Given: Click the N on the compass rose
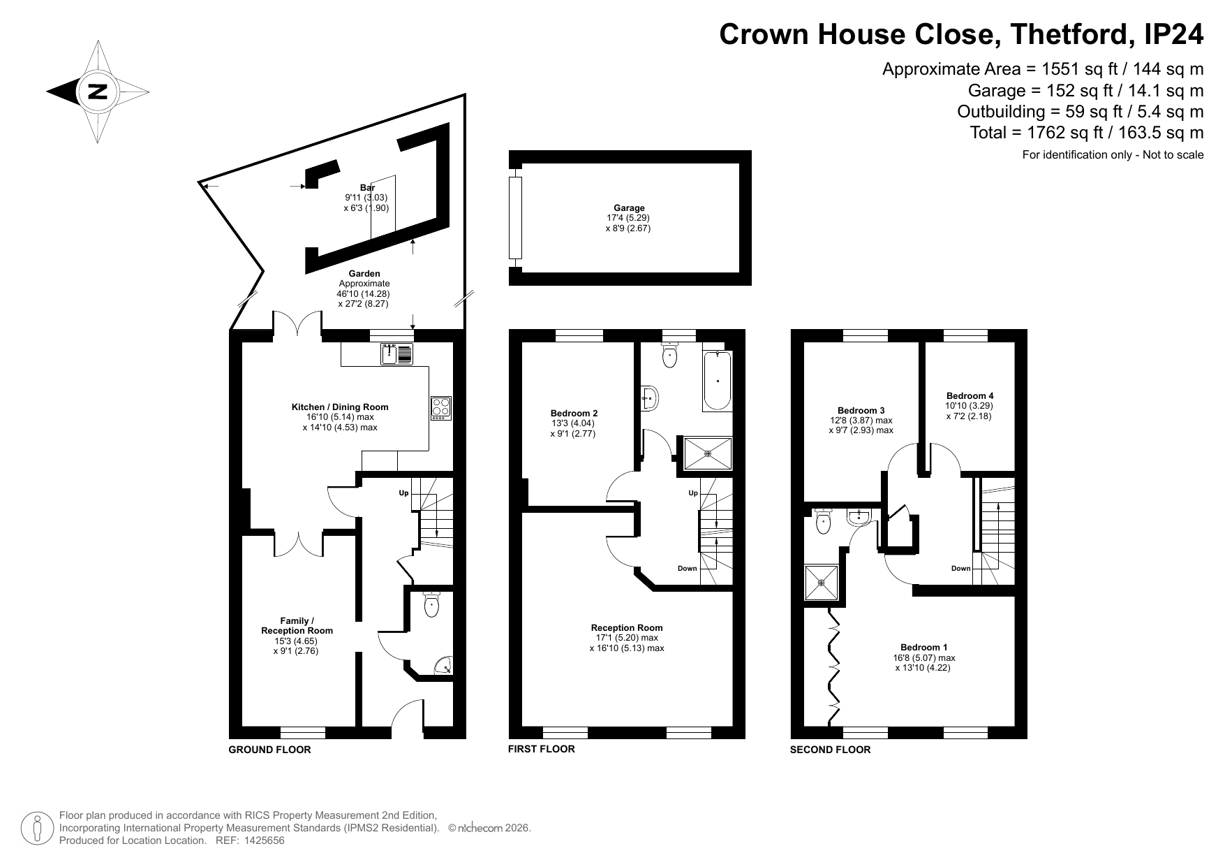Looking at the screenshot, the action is point(98,92).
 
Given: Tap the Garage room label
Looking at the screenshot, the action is point(629,207).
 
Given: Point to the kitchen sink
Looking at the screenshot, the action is point(397,354).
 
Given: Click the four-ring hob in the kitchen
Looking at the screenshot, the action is point(441,408).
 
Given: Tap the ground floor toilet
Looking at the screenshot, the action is point(431,604).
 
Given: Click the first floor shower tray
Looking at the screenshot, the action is point(708,453).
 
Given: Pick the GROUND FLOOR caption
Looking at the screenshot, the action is point(269,750).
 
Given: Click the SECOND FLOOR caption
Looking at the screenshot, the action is point(831,750).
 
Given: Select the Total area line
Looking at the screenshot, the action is point(1087,132).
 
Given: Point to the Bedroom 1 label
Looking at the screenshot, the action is point(924,647).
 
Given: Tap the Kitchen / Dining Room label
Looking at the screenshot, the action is point(340,407).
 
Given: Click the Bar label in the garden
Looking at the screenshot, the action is point(367,187).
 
